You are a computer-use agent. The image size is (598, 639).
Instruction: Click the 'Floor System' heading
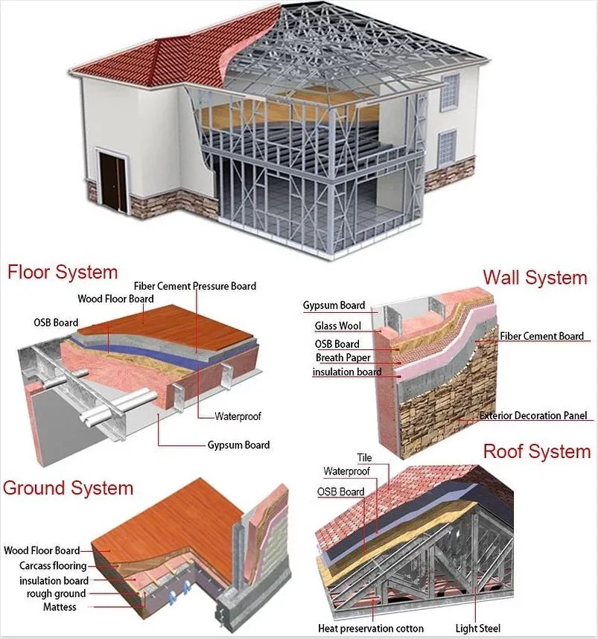click(63, 272)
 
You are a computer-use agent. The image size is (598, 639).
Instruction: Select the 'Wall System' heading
click(535, 278)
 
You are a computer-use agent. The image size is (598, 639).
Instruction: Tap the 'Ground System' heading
click(68, 489)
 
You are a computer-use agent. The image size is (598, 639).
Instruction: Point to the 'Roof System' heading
click(536, 451)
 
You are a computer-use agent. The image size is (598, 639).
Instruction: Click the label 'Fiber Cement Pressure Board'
click(195, 286)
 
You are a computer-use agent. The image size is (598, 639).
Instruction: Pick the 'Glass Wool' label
click(338, 326)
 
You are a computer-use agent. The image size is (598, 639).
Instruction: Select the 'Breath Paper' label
click(343, 358)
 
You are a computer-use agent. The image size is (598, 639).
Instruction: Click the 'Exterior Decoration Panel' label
click(533, 416)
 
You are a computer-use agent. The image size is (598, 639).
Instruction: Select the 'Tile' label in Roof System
click(364, 458)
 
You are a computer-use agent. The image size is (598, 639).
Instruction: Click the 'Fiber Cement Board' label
click(542, 337)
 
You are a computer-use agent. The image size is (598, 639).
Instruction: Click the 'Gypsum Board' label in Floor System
click(238, 445)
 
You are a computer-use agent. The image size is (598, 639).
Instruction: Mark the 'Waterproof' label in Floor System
click(238, 416)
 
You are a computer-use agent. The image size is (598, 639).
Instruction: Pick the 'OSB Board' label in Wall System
click(337, 344)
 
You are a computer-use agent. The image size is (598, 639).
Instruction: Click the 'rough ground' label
click(56, 594)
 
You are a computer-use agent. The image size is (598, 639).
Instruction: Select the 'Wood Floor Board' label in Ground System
click(42, 551)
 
